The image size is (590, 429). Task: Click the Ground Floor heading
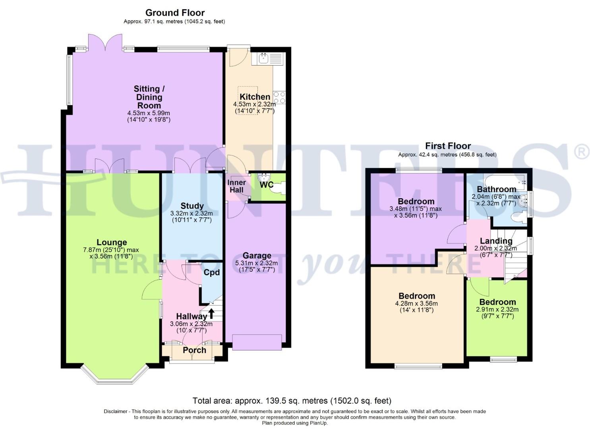[175, 13]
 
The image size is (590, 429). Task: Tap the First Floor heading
[448, 146]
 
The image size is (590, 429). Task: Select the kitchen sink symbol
[263, 59]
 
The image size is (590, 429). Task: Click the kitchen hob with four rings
[279, 97]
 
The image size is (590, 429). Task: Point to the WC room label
[267, 185]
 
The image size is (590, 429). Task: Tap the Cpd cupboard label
[212, 272]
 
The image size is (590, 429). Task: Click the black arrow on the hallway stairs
[211, 314]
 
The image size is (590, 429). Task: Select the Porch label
[194, 350]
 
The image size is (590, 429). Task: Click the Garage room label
[257, 255]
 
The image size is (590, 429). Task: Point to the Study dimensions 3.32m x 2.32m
[192, 213]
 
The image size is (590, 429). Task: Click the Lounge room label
[112, 242]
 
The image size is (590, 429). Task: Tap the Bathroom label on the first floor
[497, 189]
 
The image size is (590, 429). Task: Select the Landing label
[496, 241]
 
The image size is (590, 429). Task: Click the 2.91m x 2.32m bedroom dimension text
[497, 309]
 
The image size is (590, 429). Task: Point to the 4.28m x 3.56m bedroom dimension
[417, 303]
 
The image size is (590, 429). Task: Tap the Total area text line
[292, 400]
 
